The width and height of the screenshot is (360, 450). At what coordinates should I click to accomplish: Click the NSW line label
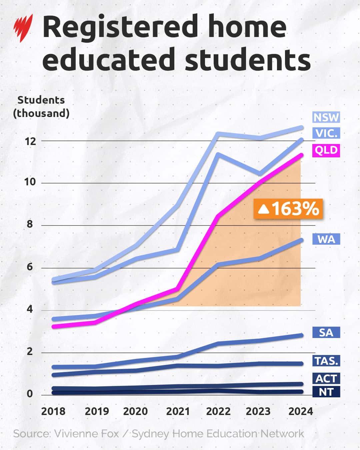click(326, 117)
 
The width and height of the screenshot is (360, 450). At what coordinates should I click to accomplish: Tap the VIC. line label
click(326, 133)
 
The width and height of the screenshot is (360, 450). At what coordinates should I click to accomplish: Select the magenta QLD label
click(326, 150)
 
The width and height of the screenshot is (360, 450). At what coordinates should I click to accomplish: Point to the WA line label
click(326, 239)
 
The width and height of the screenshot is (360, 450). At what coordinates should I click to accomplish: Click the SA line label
click(326, 332)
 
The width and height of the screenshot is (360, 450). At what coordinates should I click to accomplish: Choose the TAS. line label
click(326, 361)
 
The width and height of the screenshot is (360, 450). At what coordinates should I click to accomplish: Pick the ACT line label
click(326, 378)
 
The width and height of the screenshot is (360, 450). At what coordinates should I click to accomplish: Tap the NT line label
click(326, 392)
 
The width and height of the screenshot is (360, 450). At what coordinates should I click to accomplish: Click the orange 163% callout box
click(288, 209)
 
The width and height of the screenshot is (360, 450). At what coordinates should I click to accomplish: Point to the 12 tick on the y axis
click(30, 141)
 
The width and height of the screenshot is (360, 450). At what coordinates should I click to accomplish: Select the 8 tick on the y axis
click(30, 224)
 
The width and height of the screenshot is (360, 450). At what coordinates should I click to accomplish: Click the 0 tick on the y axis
click(30, 394)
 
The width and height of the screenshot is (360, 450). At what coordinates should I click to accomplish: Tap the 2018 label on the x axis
click(53, 411)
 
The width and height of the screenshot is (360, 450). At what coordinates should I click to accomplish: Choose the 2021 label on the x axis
click(178, 411)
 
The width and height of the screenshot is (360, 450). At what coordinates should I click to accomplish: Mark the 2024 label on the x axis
click(300, 411)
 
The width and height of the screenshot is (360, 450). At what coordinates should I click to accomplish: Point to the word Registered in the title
click(120, 27)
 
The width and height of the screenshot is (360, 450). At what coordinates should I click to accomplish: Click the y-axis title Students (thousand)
click(41, 107)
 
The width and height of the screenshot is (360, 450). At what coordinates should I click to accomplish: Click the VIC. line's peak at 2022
click(218, 154)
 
